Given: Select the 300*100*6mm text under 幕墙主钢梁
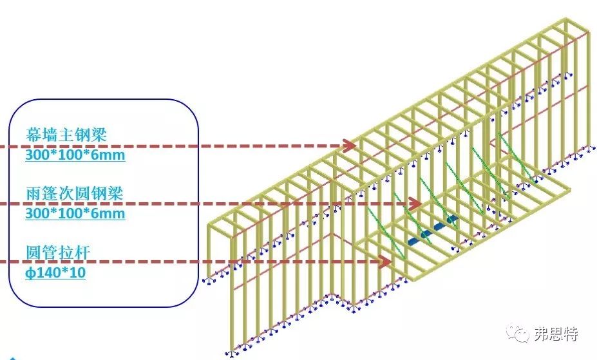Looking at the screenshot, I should click(x=75, y=155).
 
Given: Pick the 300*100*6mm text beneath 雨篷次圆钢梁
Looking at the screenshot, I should click(x=75, y=213).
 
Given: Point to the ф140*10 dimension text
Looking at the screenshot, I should click(x=55, y=272).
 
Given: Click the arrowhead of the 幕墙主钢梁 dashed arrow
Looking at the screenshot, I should click(x=350, y=146).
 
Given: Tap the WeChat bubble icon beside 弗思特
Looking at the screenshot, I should click(x=518, y=333).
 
